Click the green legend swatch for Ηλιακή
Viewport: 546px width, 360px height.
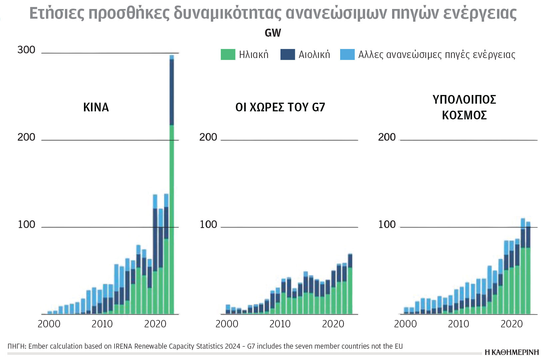coord(228,55)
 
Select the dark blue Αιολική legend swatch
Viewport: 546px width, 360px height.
coord(287,55)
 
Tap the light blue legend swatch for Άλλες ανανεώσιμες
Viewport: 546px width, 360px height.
coord(347,55)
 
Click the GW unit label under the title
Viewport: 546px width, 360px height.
coord(273,33)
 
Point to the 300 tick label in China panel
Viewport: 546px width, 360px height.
coord(26,50)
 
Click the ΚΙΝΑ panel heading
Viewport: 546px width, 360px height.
coord(96,107)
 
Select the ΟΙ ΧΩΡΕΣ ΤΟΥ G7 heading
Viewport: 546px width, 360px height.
coord(280,107)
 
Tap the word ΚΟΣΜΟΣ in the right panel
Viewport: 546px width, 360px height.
coord(464,115)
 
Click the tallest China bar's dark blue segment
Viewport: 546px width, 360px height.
coord(172,92)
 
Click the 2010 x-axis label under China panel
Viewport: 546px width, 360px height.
coord(102,324)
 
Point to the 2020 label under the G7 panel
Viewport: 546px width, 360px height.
coord(333,324)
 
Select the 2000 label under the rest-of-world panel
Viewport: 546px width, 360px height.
coord(405,324)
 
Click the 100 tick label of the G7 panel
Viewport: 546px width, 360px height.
coord(208,225)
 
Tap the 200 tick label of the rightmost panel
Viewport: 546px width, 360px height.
coord(387,137)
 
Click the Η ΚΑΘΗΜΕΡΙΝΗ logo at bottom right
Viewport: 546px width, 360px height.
coord(512,352)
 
